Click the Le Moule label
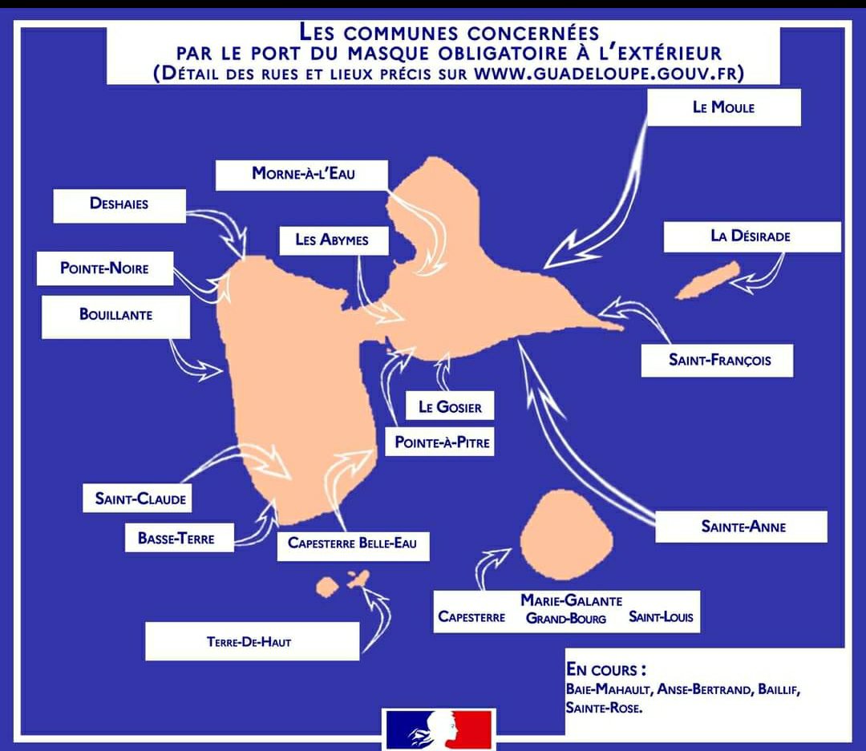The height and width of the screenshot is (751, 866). point(723,107)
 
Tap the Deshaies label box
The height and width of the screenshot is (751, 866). point(119,204)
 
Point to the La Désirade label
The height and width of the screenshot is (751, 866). point(751,236)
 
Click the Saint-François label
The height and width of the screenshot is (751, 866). point(718,361)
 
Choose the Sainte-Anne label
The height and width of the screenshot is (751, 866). point(743,527)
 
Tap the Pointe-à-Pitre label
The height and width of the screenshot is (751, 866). point(442,442)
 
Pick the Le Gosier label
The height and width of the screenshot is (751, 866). point(450,407)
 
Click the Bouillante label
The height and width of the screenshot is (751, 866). point(115,315)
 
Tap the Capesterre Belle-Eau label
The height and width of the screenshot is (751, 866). point(352,543)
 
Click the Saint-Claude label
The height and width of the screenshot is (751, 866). point(140,499)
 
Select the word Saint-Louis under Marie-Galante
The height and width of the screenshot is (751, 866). point(661,617)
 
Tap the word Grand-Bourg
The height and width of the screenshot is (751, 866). point(566,618)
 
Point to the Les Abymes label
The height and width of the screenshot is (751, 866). point(331,240)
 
